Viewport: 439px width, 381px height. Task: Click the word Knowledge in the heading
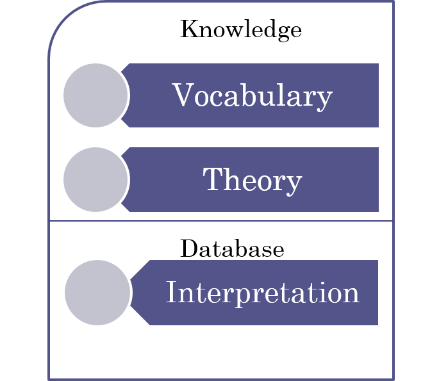pyautogui.click(x=240, y=29)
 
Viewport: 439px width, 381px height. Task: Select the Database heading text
pyautogui.click(x=232, y=248)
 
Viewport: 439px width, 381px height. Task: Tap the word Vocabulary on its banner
pyautogui.click(x=252, y=96)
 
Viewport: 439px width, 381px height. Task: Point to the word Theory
pyautogui.click(x=252, y=180)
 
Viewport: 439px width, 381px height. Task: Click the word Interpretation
pyautogui.click(x=262, y=293)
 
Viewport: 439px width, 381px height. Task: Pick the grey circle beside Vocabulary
pyautogui.click(x=95, y=95)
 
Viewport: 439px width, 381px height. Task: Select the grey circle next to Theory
pyautogui.click(x=95, y=180)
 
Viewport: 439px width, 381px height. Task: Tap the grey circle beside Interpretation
pyautogui.click(x=97, y=293)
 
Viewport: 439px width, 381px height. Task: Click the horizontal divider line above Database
pyautogui.click(x=221, y=221)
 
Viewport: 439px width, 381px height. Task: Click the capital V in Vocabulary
pyautogui.click(x=182, y=95)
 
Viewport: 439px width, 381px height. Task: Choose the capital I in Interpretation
pyautogui.click(x=170, y=293)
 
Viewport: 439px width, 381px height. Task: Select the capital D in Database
pyautogui.click(x=189, y=248)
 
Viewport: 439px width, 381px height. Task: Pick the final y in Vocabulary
pyautogui.click(x=325, y=99)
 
